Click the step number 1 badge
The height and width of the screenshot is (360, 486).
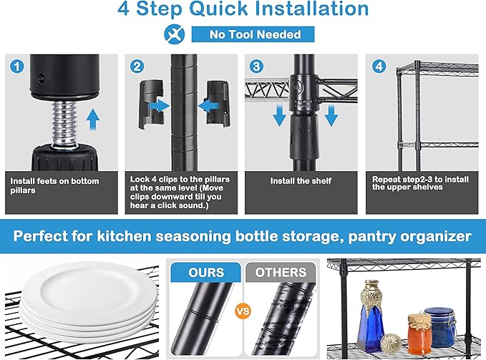pyautogui.click(x=17, y=67)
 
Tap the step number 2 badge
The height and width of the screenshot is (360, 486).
pyautogui.click(x=137, y=67)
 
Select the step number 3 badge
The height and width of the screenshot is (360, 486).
pyautogui.click(x=257, y=67)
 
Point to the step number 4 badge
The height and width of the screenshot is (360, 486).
pyautogui.click(x=379, y=67)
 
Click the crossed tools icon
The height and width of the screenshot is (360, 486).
pyautogui.click(x=175, y=34)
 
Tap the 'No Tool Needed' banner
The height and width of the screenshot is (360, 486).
pyautogui.click(x=253, y=34)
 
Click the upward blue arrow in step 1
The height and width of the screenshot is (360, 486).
pyautogui.click(x=92, y=120)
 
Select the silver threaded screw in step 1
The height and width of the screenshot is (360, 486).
pyautogui.click(x=64, y=124)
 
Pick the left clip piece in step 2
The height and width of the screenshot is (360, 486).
pyautogui.click(x=151, y=104)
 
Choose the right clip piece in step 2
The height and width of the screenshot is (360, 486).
pyautogui.click(x=218, y=103)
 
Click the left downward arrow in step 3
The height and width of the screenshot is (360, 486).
pyautogui.click(x=280, y=115)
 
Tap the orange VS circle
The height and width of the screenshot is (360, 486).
pyautogui.click(x=243, y=311)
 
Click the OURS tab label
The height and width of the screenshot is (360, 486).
pyautogui.click(x=206, y=273)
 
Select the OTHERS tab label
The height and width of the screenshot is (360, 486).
pyautogui.click(x=281, y=273)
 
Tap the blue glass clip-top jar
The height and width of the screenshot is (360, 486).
pyautogui.click(x=440, y=326)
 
